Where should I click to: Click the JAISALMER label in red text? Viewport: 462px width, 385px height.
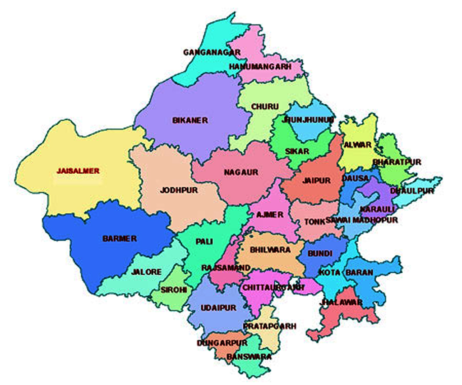coord(78,171)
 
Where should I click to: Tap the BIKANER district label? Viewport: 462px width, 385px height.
coord(190,120)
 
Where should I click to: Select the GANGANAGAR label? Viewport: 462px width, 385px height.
coord(212,52)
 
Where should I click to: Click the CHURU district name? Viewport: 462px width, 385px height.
coord(265,106)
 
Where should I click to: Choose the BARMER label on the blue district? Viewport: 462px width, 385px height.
coord(119,239)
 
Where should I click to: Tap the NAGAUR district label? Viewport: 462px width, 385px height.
coord(241,172)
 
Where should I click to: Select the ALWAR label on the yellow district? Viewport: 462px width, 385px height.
coord(358,145)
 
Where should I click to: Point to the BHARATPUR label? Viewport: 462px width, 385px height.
coord(397,162)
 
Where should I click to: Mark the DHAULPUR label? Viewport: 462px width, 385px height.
coord(412,191)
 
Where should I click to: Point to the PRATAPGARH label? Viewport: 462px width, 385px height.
coord(269,326)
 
